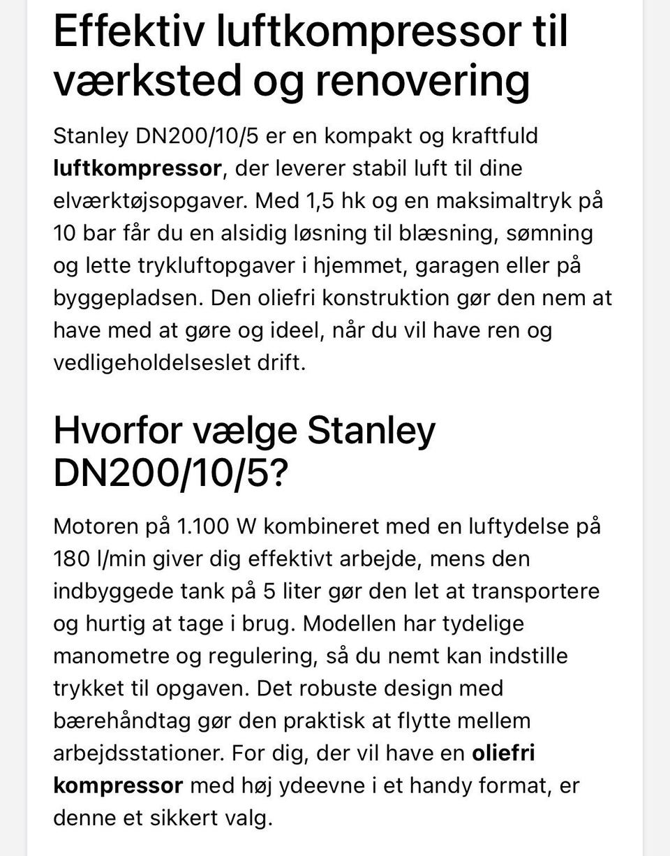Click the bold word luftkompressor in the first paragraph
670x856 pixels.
click(x=137, y=168)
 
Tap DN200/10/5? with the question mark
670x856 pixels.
click(x=170, y=474)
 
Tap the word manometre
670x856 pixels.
click(x=111, y=656)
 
